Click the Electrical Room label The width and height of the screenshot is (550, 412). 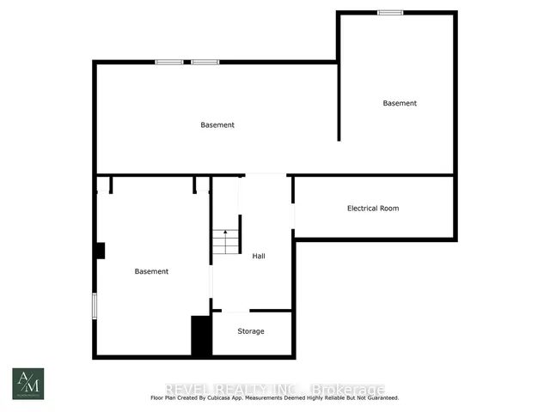(x=372, y=209)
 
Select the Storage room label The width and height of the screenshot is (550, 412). (x=251, y=331)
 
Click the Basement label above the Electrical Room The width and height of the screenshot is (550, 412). (x=400, y=104)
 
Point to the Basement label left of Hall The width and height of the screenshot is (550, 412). (x=151, y=271)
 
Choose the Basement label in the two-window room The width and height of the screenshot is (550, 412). (x=217, y=125)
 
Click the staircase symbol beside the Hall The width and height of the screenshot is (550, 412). (x=225, y=242)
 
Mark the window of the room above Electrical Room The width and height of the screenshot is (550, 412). (x=390, y=12)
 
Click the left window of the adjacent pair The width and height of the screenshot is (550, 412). (x=168, y=62)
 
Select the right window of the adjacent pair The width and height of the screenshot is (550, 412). (x=205, y=62)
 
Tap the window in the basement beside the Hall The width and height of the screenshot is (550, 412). (x=95, y=306)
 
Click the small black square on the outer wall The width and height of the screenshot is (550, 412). (x=100, y=251)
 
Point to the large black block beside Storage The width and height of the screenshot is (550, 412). (x=201, y=336)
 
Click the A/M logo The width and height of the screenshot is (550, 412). (x=27, y=384)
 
